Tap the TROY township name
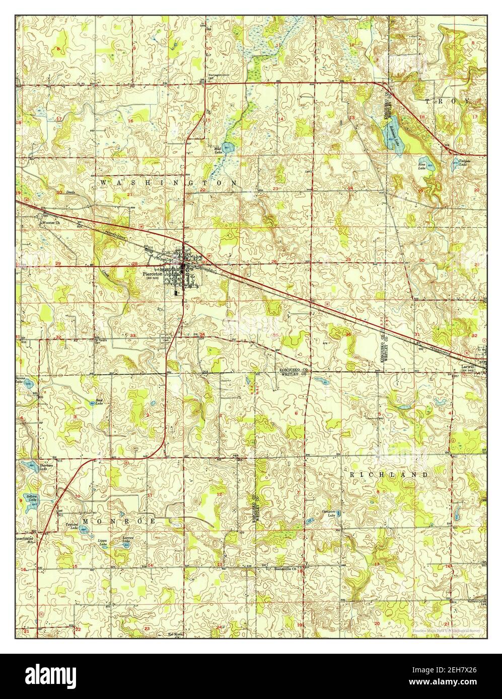(x=448, y=101)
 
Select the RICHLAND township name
(x=388, y=474)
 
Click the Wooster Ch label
(x=50, y=222)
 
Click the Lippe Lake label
(x=103, y=543)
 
